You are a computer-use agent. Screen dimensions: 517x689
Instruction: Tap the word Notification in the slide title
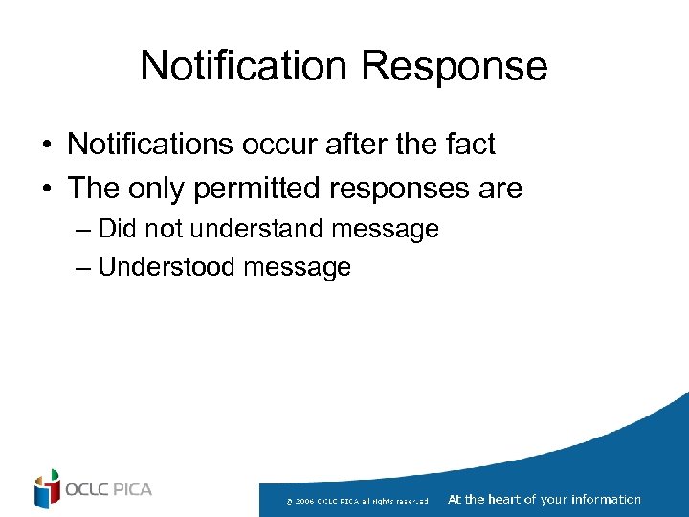point(245,66)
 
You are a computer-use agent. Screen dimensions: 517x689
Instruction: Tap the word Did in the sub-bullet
point(117,229)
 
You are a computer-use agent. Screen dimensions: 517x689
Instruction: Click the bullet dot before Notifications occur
point(46,146)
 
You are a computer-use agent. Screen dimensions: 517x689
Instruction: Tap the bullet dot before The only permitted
point(46,189)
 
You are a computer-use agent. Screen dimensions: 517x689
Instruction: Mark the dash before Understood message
point(82,267)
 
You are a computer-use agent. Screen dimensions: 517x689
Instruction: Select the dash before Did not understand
point(82,229)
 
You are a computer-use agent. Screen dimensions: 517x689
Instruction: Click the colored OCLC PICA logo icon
point(46,489)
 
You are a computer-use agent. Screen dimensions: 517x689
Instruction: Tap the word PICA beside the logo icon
point(131,490)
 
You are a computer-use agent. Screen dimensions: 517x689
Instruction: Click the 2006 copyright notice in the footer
point(363,501)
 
